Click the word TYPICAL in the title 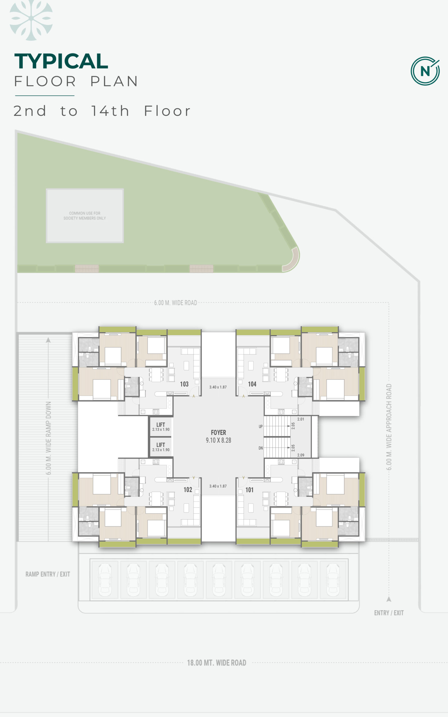click(x=61, y=61)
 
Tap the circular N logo click(x=425, y=71)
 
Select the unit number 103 click(x=184, y=384)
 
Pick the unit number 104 click(x=252, y=384)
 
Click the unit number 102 click(x=188, y=490)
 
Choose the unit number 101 click(x=249, y=490)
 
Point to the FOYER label click(x=218, y=432)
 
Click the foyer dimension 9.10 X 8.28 click(x=218, y=440)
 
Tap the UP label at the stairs click(x=261, y=427)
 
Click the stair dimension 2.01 click(x=301, y=419)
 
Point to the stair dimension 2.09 click(x=301, y=455)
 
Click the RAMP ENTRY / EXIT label click(x=48, y=574)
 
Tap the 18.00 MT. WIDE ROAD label click(x=217, y=663)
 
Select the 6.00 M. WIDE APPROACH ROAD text click(x=389, y=427)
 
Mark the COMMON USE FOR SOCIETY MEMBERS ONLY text click(x=85, y=216)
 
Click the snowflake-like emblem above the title click(x=31, y=20)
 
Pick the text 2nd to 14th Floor click(x=102, y=111)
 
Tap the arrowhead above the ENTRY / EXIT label click(x=389, y=599)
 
